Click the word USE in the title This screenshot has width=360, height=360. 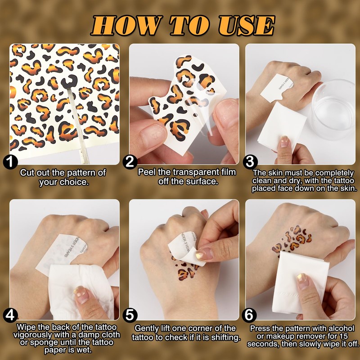point(246,25)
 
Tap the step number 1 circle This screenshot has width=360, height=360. point(10,162)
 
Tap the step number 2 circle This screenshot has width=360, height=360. point(130,162)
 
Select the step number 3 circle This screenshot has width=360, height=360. point(250,162)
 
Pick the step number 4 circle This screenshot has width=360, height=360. point(10,315)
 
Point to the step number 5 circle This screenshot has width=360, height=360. point(130,315)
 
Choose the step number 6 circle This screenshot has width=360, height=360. point(249,315)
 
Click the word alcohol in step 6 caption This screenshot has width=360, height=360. point(342,328)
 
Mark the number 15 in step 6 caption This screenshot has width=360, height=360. point(343,336)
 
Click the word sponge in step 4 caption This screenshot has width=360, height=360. point(44,342)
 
